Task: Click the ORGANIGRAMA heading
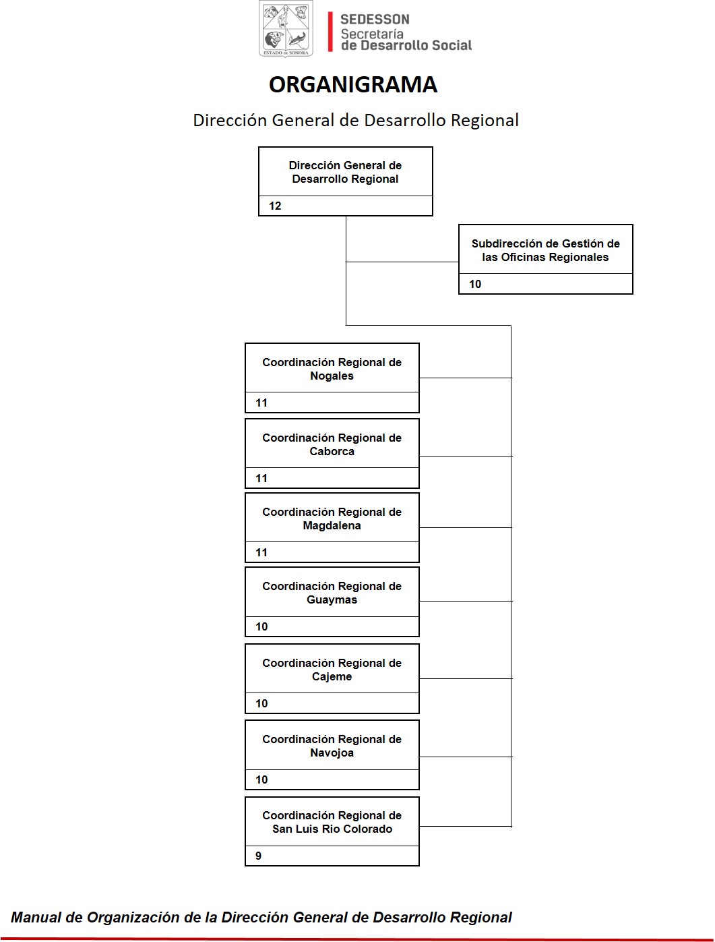[352, 84]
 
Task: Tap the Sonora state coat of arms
[286, 29]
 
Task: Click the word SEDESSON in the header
[375, 20]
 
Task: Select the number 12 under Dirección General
[275, 206]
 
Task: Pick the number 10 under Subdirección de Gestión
[475, 284]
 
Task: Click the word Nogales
[332, 376]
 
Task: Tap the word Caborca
[332, 452]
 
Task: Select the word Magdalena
[332, 526]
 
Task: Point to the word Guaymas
[332, 600]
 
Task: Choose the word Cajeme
[332, 677]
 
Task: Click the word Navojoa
[332, 753]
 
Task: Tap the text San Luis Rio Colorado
[332, 829]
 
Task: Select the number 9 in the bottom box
[258, 856]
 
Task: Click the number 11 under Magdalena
[261, 553]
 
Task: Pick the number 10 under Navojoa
[261, 779]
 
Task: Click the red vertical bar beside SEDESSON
[330, 32]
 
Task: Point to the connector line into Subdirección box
[402, 262]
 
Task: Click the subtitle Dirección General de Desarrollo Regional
[356, 121]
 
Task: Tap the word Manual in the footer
[36, 918]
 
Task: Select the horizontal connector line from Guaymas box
[466, 601]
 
